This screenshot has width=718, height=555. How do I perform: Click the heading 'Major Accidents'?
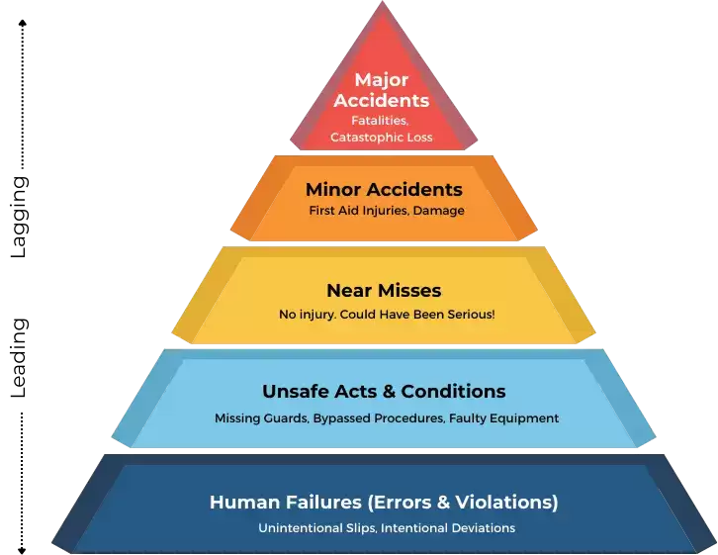(382, 90)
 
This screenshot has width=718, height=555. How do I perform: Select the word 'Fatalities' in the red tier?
(379, 121)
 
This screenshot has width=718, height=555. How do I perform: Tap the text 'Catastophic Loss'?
(382, 138)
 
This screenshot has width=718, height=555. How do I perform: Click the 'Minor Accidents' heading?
(384, 190)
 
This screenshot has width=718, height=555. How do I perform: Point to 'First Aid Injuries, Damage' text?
(387, 211)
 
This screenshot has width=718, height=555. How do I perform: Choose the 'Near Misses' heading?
(384, 290)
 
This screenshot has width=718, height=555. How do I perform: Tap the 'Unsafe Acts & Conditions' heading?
(384, 392)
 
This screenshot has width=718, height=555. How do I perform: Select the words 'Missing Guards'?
(261, 418)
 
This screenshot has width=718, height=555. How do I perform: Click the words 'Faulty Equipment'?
(503, 418)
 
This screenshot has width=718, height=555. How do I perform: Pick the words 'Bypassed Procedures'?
(378, 418)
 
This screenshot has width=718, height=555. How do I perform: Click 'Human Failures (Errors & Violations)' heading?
(384, 503)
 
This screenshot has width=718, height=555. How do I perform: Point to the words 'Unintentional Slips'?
(317, 528)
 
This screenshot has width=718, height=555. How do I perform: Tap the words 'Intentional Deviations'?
(448, 528)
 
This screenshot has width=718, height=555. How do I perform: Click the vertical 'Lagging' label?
(19, 218)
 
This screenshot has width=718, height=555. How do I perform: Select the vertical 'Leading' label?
(19, 358)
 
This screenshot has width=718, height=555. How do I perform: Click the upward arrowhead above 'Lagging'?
(22, 23)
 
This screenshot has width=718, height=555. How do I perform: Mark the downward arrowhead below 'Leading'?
(22, 550)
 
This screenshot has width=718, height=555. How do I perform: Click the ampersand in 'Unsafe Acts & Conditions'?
(389, 392)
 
